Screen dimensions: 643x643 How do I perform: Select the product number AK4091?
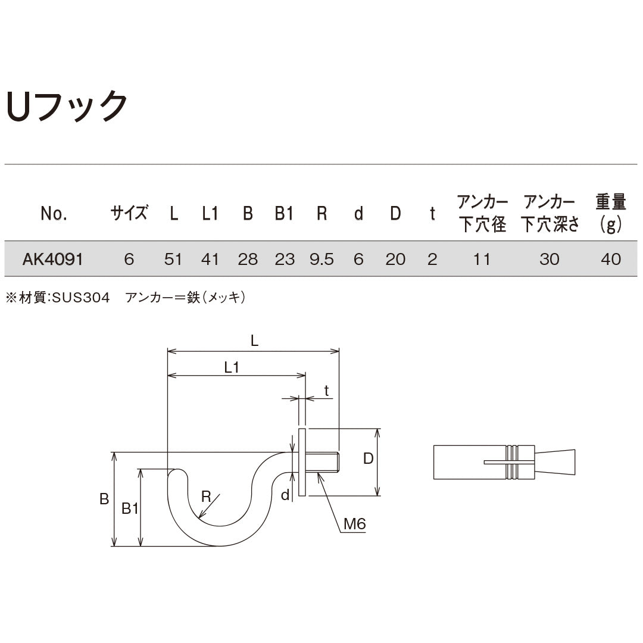point(52,259)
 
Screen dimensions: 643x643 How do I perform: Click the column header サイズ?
point(129,213)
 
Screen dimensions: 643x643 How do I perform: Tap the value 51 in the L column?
point(173,259)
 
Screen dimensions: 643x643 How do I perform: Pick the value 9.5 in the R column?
point(321,259)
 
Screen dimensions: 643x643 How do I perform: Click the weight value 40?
point(611,259)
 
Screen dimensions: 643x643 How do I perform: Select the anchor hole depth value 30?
point(549,259)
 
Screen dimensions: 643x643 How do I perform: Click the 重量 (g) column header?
point(611,213)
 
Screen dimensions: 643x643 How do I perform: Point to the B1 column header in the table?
point(284,213)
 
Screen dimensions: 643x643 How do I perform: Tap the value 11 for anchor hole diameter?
point(482,259)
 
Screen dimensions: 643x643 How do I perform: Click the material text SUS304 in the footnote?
point(81,298)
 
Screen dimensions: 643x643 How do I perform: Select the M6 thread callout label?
point(354,524)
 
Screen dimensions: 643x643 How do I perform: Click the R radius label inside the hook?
point(206,496)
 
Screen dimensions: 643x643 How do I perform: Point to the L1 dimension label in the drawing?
point(232,367)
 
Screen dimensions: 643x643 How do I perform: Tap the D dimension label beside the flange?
point(369,458)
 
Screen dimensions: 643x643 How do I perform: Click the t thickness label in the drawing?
point(326,390)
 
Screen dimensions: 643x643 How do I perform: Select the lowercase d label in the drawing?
point(285,495)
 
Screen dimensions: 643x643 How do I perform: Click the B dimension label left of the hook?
point(104,499)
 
